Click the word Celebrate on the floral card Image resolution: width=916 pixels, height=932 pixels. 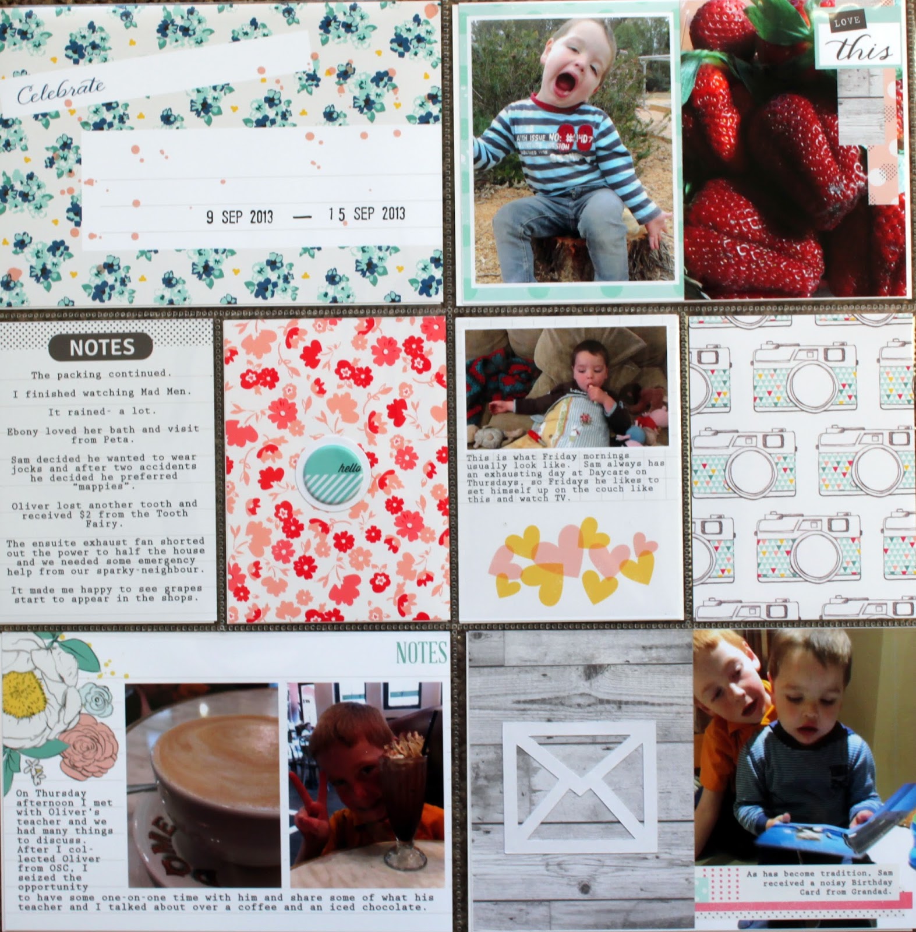point(61,91)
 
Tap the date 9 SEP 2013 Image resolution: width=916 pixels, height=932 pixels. point(239,217)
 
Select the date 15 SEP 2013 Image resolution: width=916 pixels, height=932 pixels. point(366,214)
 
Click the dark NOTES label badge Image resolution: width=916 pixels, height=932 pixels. point(102,347)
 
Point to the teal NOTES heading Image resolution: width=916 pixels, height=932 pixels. point(421,654)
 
